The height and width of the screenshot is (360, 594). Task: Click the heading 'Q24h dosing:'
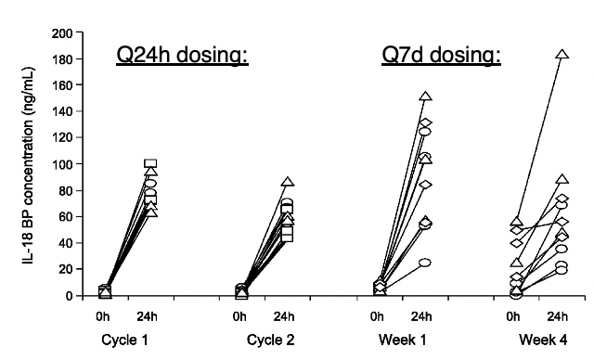tap(182, 56)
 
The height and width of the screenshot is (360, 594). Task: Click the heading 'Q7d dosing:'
tap(442, 56)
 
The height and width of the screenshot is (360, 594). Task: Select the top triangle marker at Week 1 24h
tap(426, 96)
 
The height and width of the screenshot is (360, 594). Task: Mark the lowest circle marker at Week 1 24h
tap(426, 263)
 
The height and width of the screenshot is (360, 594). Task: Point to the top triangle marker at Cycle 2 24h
tap(289, 183)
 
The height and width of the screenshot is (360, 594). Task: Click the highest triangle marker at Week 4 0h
tap(516, 222)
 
